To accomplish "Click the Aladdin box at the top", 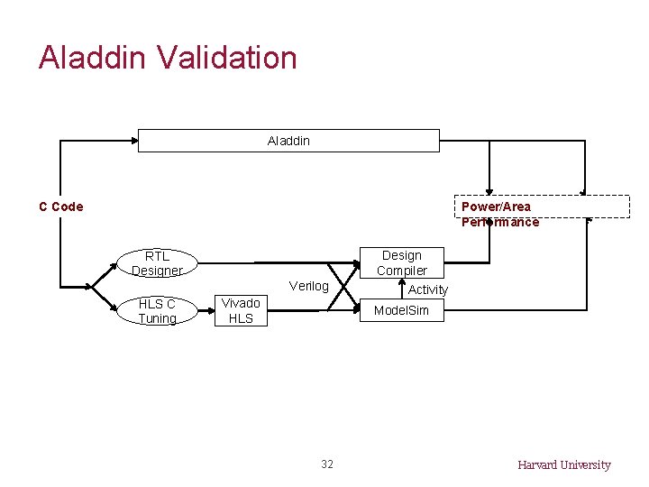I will click(288, 141).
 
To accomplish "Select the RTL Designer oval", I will click(157, 263).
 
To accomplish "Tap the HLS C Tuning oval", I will click(157, 311).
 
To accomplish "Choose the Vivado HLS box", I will click(241, 311).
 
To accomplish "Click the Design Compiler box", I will click(401, 262).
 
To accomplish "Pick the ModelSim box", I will click(401, 311).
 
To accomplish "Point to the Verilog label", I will click(308, 286).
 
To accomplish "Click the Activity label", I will click(427, 289).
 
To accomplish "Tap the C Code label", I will click(61, 207).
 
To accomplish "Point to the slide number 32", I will click(326, 464).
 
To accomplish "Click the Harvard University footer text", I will click(563, 465).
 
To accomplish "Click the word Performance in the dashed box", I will click(500, 222).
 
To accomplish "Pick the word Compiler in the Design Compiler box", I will click(402, 271).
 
